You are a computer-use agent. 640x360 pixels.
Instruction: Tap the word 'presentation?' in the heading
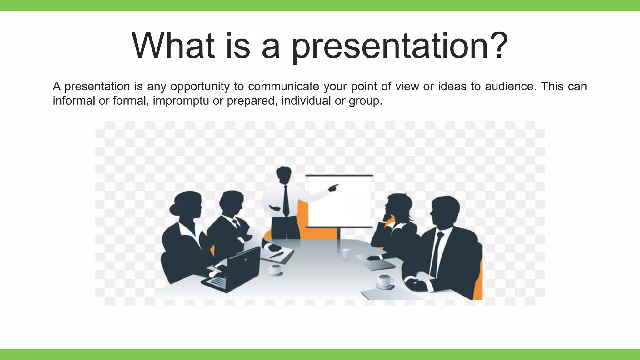click(x=399, y=47)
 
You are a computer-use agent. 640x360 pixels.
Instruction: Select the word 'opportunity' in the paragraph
click(x=200, y=86)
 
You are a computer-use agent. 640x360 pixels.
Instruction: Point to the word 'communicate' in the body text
click(x=283, y=86)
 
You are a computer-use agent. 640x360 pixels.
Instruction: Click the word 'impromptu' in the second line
click(x=181, y=101)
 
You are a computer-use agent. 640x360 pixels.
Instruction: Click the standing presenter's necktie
click(x=286, y=200)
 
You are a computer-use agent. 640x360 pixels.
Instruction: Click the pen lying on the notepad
click(x=277, y=255)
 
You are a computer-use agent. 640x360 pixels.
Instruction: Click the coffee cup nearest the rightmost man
click(x=385, y=281)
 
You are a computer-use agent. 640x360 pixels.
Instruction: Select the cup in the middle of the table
click(x=346, y=253)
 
